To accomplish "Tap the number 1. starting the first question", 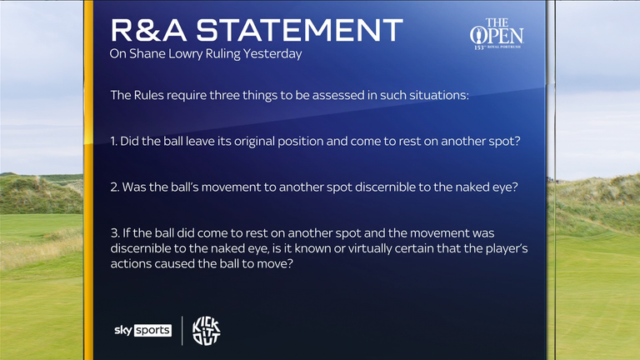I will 114,141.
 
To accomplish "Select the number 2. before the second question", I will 115,187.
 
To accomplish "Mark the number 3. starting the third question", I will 115,233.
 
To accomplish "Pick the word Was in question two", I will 135,187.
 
